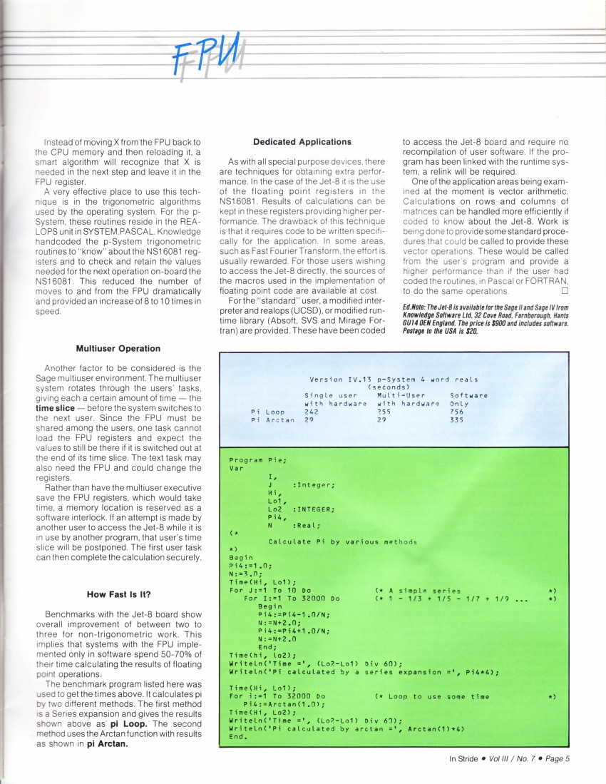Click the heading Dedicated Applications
[x=302, y=142]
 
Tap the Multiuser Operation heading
[x=118, y=348]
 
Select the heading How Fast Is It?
[x=118, y=594]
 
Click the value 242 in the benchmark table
[x=311, y=412]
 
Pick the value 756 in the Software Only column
[x=457, y=412]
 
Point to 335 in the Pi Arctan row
[x=457, y=420]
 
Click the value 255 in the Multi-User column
[x=384, y=412]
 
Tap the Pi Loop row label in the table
[x=268, y=412]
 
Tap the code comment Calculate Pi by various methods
[x=342, y=541]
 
